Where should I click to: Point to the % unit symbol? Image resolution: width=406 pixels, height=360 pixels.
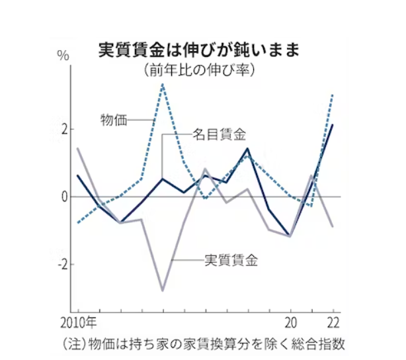point(63,55)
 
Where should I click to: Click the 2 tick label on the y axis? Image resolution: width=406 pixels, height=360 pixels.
point(64,128)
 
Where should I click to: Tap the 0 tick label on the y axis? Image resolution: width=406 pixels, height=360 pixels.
point(64,197)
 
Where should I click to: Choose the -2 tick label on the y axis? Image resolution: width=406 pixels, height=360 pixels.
point(62,265)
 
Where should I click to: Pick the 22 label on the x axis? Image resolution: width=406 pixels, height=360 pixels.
point(333,324)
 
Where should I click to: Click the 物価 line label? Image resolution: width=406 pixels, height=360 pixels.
point(113,120)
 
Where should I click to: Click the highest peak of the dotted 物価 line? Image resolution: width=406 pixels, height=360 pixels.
point(163,84)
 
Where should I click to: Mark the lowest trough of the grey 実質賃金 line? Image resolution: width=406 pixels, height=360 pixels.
point(163,291)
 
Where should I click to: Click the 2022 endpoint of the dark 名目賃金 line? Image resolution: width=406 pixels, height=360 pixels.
point(333,124)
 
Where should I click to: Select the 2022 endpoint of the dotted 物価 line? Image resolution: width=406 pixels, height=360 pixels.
point(333,94)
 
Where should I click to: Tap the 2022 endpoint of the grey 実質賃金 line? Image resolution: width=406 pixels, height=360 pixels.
point(333,227)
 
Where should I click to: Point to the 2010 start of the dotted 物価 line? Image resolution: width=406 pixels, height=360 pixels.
point(78,223)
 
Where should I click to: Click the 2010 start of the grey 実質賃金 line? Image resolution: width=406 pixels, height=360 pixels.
point(78,148)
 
